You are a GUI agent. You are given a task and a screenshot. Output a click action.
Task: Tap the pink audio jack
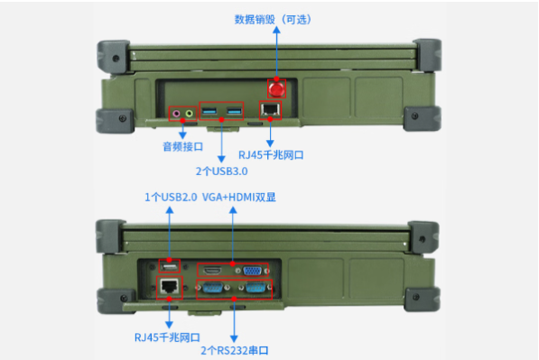pos(178,114)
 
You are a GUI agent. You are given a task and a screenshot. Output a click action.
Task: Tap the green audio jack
pos(190,114)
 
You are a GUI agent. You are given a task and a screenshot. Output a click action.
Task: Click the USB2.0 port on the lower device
pos(168,266)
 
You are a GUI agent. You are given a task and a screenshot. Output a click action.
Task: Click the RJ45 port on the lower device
pos(168,287)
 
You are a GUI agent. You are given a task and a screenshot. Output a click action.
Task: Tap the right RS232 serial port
pos(254,289)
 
